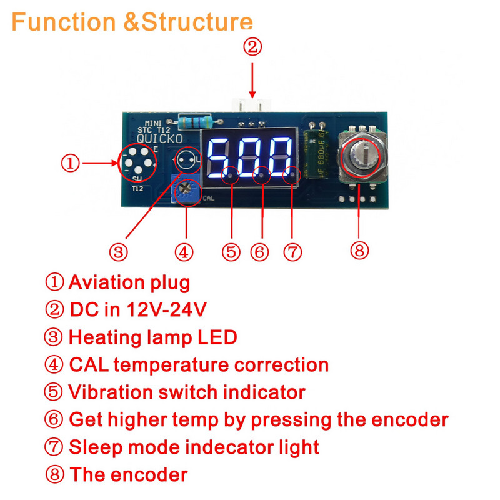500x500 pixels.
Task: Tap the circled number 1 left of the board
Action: tap(70, 164)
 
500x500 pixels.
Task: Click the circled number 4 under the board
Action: tap(183, 252)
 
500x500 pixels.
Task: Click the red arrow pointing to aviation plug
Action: tap(100, 164)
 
